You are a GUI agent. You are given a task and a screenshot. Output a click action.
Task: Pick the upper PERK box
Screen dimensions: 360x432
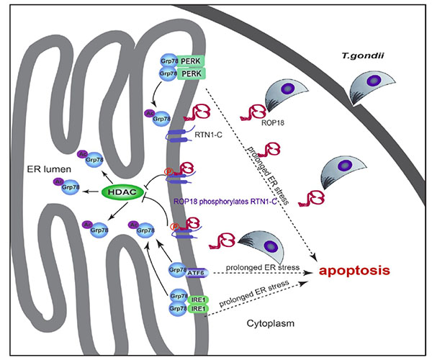point(190,62)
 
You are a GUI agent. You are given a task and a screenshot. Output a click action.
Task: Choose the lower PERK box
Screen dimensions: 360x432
point(190,73)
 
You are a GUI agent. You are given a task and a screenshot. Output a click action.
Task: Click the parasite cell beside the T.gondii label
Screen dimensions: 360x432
point(369,89)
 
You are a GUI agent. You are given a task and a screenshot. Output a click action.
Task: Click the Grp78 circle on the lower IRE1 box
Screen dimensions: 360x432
point(176,308)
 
